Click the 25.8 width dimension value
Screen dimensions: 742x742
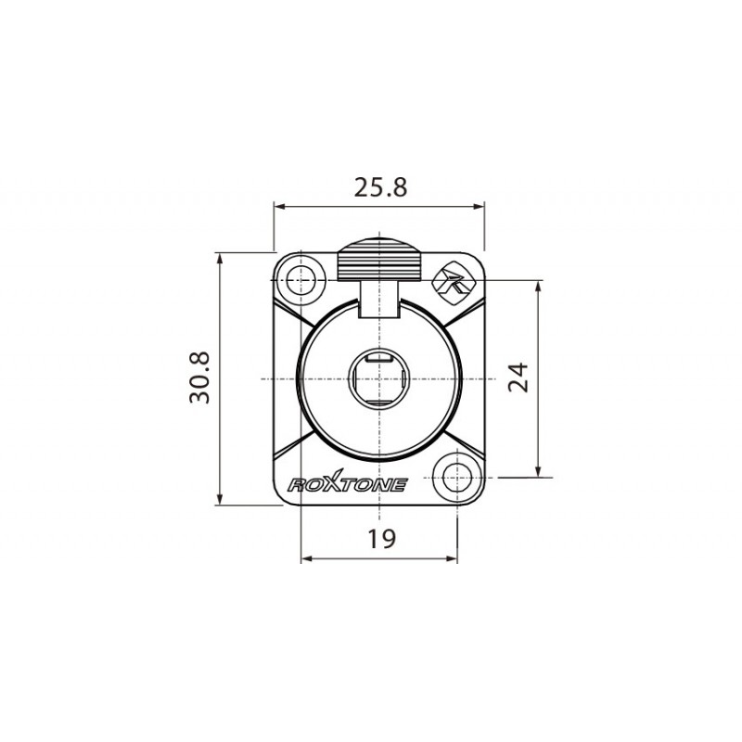click(380, 187)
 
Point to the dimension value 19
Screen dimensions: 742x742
click(380, 537)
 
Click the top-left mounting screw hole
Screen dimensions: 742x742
click(301, 279)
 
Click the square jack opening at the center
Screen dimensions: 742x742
click(378, 379)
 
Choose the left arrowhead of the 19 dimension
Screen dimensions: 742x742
click(306, 559)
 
